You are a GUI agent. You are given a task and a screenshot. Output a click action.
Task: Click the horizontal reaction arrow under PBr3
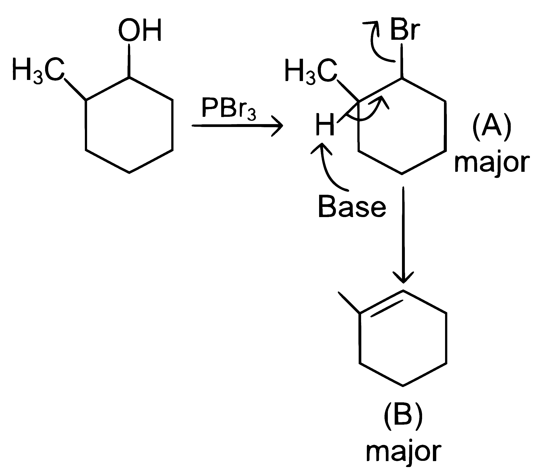237,126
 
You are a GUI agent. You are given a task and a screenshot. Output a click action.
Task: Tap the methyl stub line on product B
349,303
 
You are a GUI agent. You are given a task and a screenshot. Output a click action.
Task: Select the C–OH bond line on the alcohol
129,60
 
